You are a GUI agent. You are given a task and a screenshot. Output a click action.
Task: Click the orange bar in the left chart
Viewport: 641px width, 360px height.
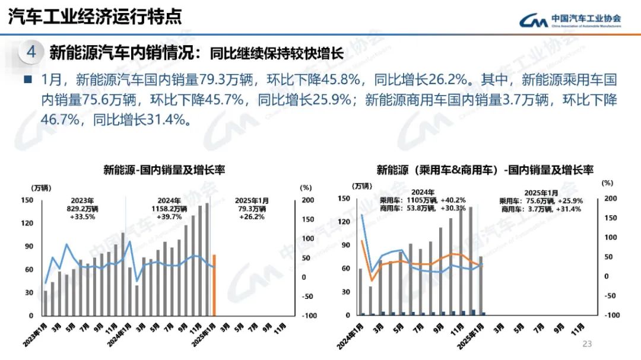[x=214, y=285]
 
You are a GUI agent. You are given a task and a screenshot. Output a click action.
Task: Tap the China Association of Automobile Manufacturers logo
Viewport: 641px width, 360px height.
[x=570, y=20]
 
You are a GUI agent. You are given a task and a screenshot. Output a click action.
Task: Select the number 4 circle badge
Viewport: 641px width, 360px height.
[x=31, y=52]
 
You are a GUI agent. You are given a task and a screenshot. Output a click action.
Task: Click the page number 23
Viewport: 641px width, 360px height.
[x=588, y=343]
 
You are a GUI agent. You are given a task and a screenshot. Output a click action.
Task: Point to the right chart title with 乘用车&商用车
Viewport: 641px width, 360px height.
[x=485, y=170]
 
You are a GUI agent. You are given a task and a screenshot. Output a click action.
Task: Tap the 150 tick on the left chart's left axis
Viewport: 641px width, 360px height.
[x=26, y=200]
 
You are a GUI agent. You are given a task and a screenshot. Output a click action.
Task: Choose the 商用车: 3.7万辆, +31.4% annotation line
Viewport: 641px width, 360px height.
[x=541, y=209]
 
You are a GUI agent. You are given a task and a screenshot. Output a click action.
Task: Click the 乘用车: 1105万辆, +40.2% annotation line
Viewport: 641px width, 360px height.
[x=423, y=200]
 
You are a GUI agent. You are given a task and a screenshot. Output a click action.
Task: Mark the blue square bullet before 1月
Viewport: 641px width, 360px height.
[x=27, y=79]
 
